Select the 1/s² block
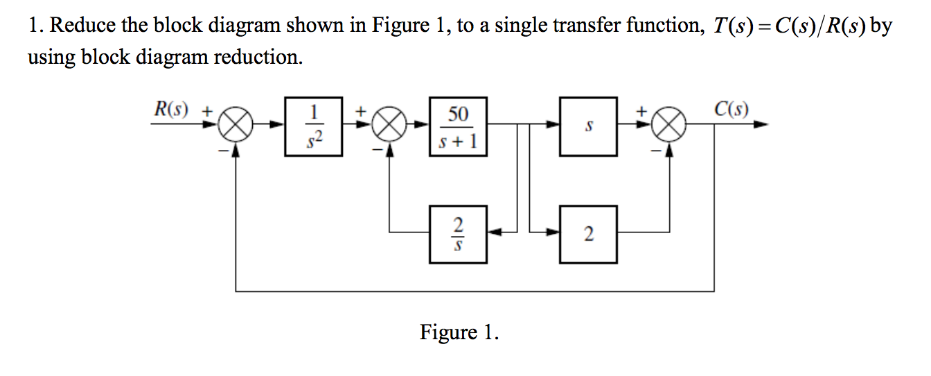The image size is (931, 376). pos(314,126)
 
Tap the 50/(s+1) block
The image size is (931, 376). pos(458,126)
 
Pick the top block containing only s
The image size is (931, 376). pos(588,126)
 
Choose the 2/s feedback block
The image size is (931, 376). pos(458,234)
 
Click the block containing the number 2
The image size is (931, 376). pos(588,234)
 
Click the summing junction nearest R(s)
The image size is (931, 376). pos(236,126)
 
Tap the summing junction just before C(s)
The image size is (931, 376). pos(668,126)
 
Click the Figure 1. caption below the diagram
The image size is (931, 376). pos(459,333)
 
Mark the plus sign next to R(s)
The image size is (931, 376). pos(206,110)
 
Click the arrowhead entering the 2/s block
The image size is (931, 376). pos(493,234)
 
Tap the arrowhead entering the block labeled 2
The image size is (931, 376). pos(553,234)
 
